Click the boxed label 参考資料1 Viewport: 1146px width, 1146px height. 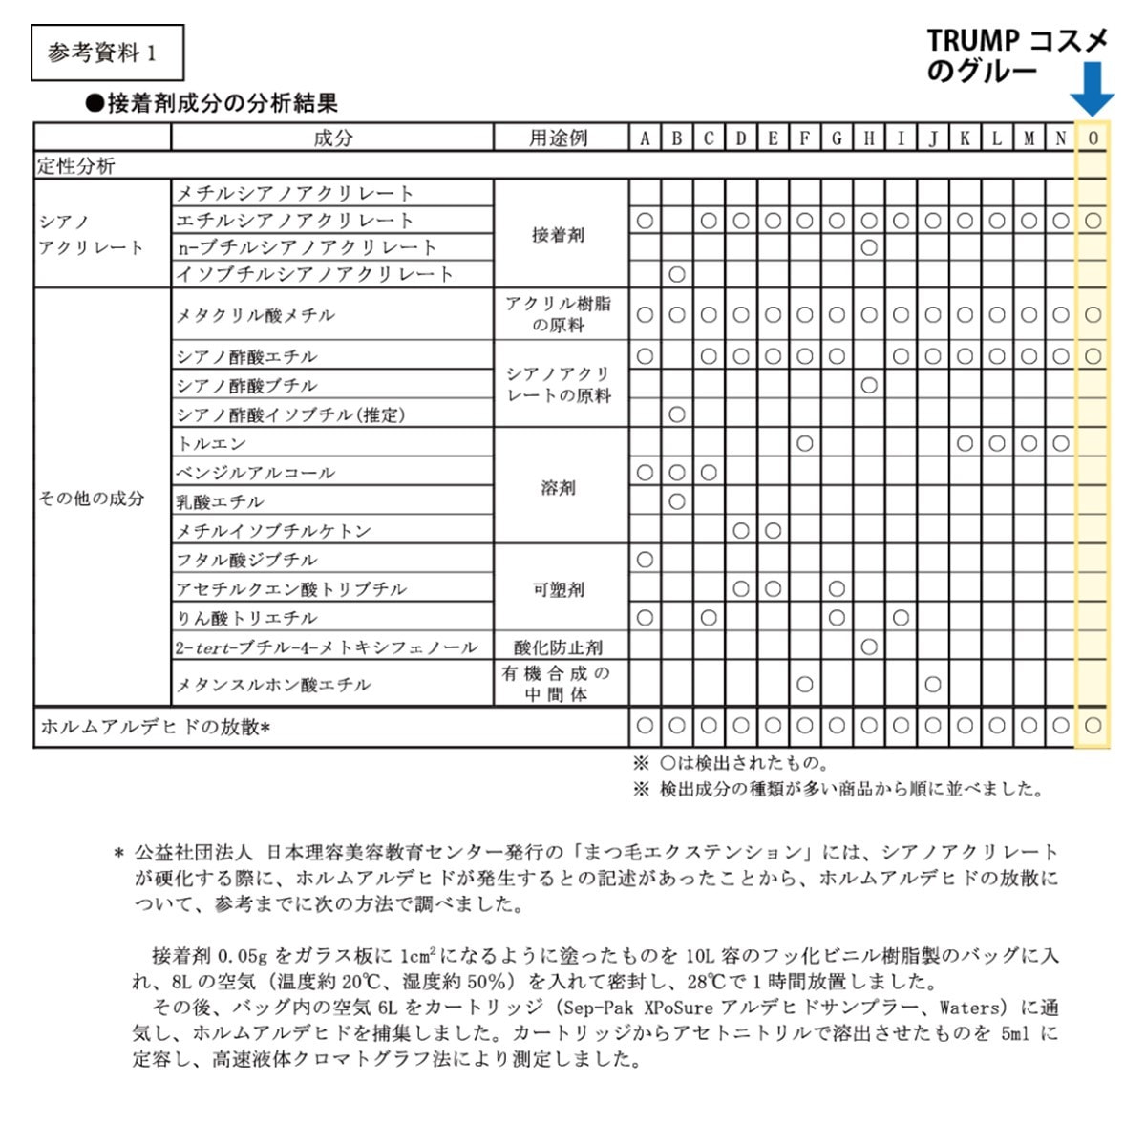(x=107, y=53)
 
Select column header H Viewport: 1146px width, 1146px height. (x=868, y=138)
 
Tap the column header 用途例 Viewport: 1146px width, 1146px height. (x=560, y=138)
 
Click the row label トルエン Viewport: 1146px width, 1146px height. (x=212, y=444)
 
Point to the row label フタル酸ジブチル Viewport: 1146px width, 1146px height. (x=246, y=560)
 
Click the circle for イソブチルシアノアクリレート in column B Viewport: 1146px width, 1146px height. (x=677, y=275)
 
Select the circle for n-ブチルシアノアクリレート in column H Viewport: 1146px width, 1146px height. (x=868, y=248)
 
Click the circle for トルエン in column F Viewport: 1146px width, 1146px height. (x=805, y=443)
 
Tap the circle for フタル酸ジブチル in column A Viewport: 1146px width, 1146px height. (x=645, y=560)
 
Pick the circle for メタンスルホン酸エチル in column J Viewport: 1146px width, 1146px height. (x=933, y=684)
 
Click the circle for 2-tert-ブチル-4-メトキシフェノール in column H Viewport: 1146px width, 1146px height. (x=868, y=647)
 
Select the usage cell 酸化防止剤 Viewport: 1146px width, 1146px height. (x=559, y=647)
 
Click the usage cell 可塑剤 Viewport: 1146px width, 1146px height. (x=559, y=589)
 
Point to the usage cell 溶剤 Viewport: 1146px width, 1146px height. (x=559, y=488)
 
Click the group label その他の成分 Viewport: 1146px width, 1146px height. (x=92, y=499)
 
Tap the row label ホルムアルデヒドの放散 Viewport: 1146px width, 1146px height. (x=155, y=728)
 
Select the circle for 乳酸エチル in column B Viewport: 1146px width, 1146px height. (x=677, y=501)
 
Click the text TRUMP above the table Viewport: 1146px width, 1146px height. (x=973, y=41)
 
